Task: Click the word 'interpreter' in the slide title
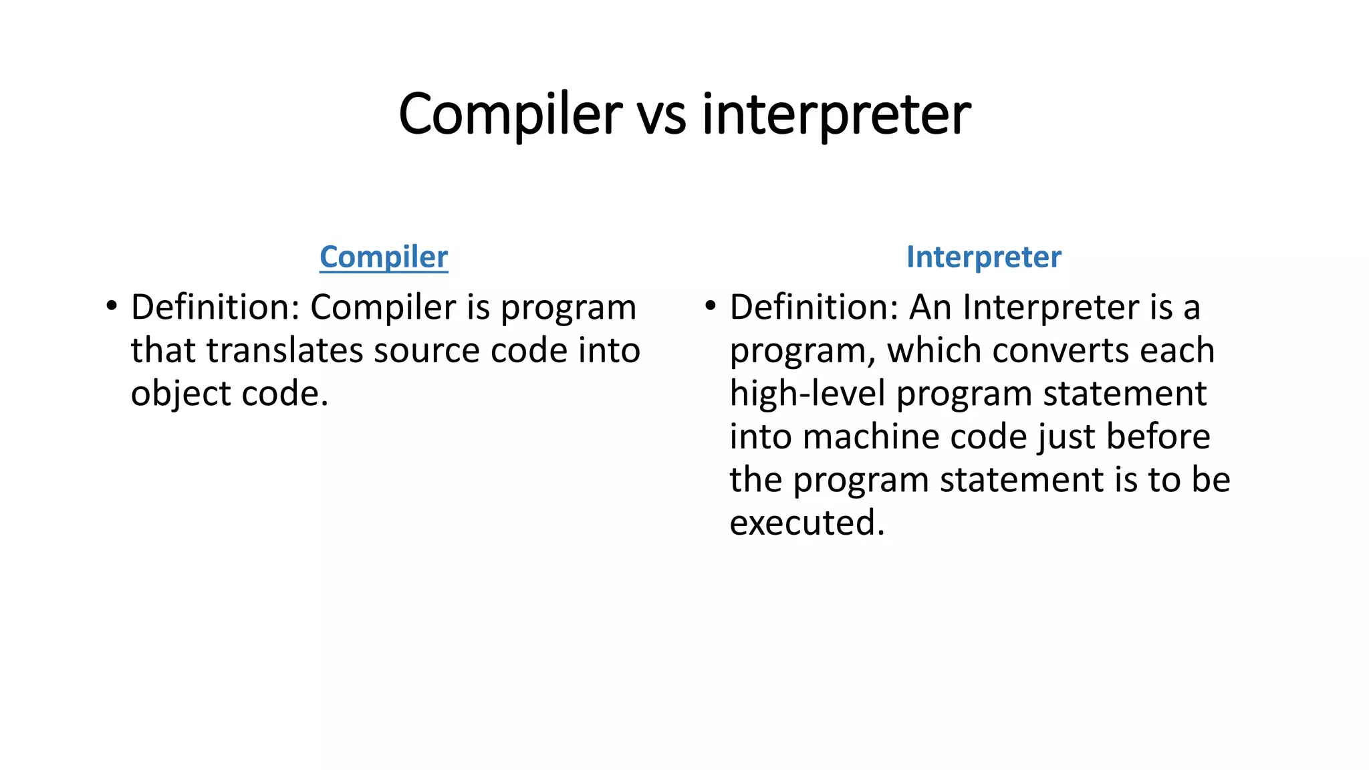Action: tap(836, 114)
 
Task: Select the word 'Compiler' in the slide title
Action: tap(511, 114)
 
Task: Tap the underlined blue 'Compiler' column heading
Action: tap(384, 257)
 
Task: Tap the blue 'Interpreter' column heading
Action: tap(983, 257)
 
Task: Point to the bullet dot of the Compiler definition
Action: tap(112, 307)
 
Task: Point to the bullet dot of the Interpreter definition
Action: tap(711, 307)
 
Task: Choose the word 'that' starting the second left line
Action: tap(162, 350)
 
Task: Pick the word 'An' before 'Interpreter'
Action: tap(930, 307)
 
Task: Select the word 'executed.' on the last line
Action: tap(807, 522)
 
